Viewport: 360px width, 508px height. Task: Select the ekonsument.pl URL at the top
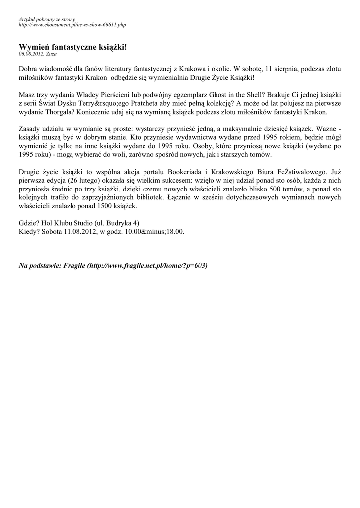72,24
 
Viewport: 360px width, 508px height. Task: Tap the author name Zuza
51,53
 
